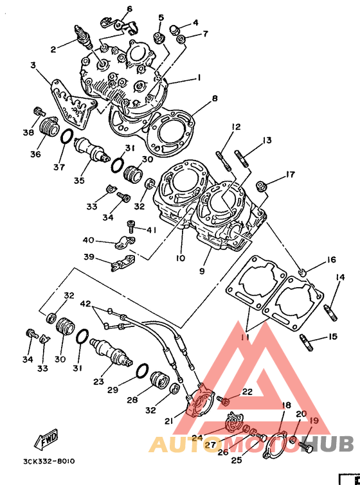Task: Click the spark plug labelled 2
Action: pyautogui.click(x=84, y=37)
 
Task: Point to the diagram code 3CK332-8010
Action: pyautogui.click(x=49, y=461)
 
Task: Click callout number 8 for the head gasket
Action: pyautogui.click(x=215, y=99)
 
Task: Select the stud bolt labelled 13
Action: pyautogui.click(x=242, y=159)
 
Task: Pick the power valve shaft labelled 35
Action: pyautogui.click(x=92, y=150)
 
